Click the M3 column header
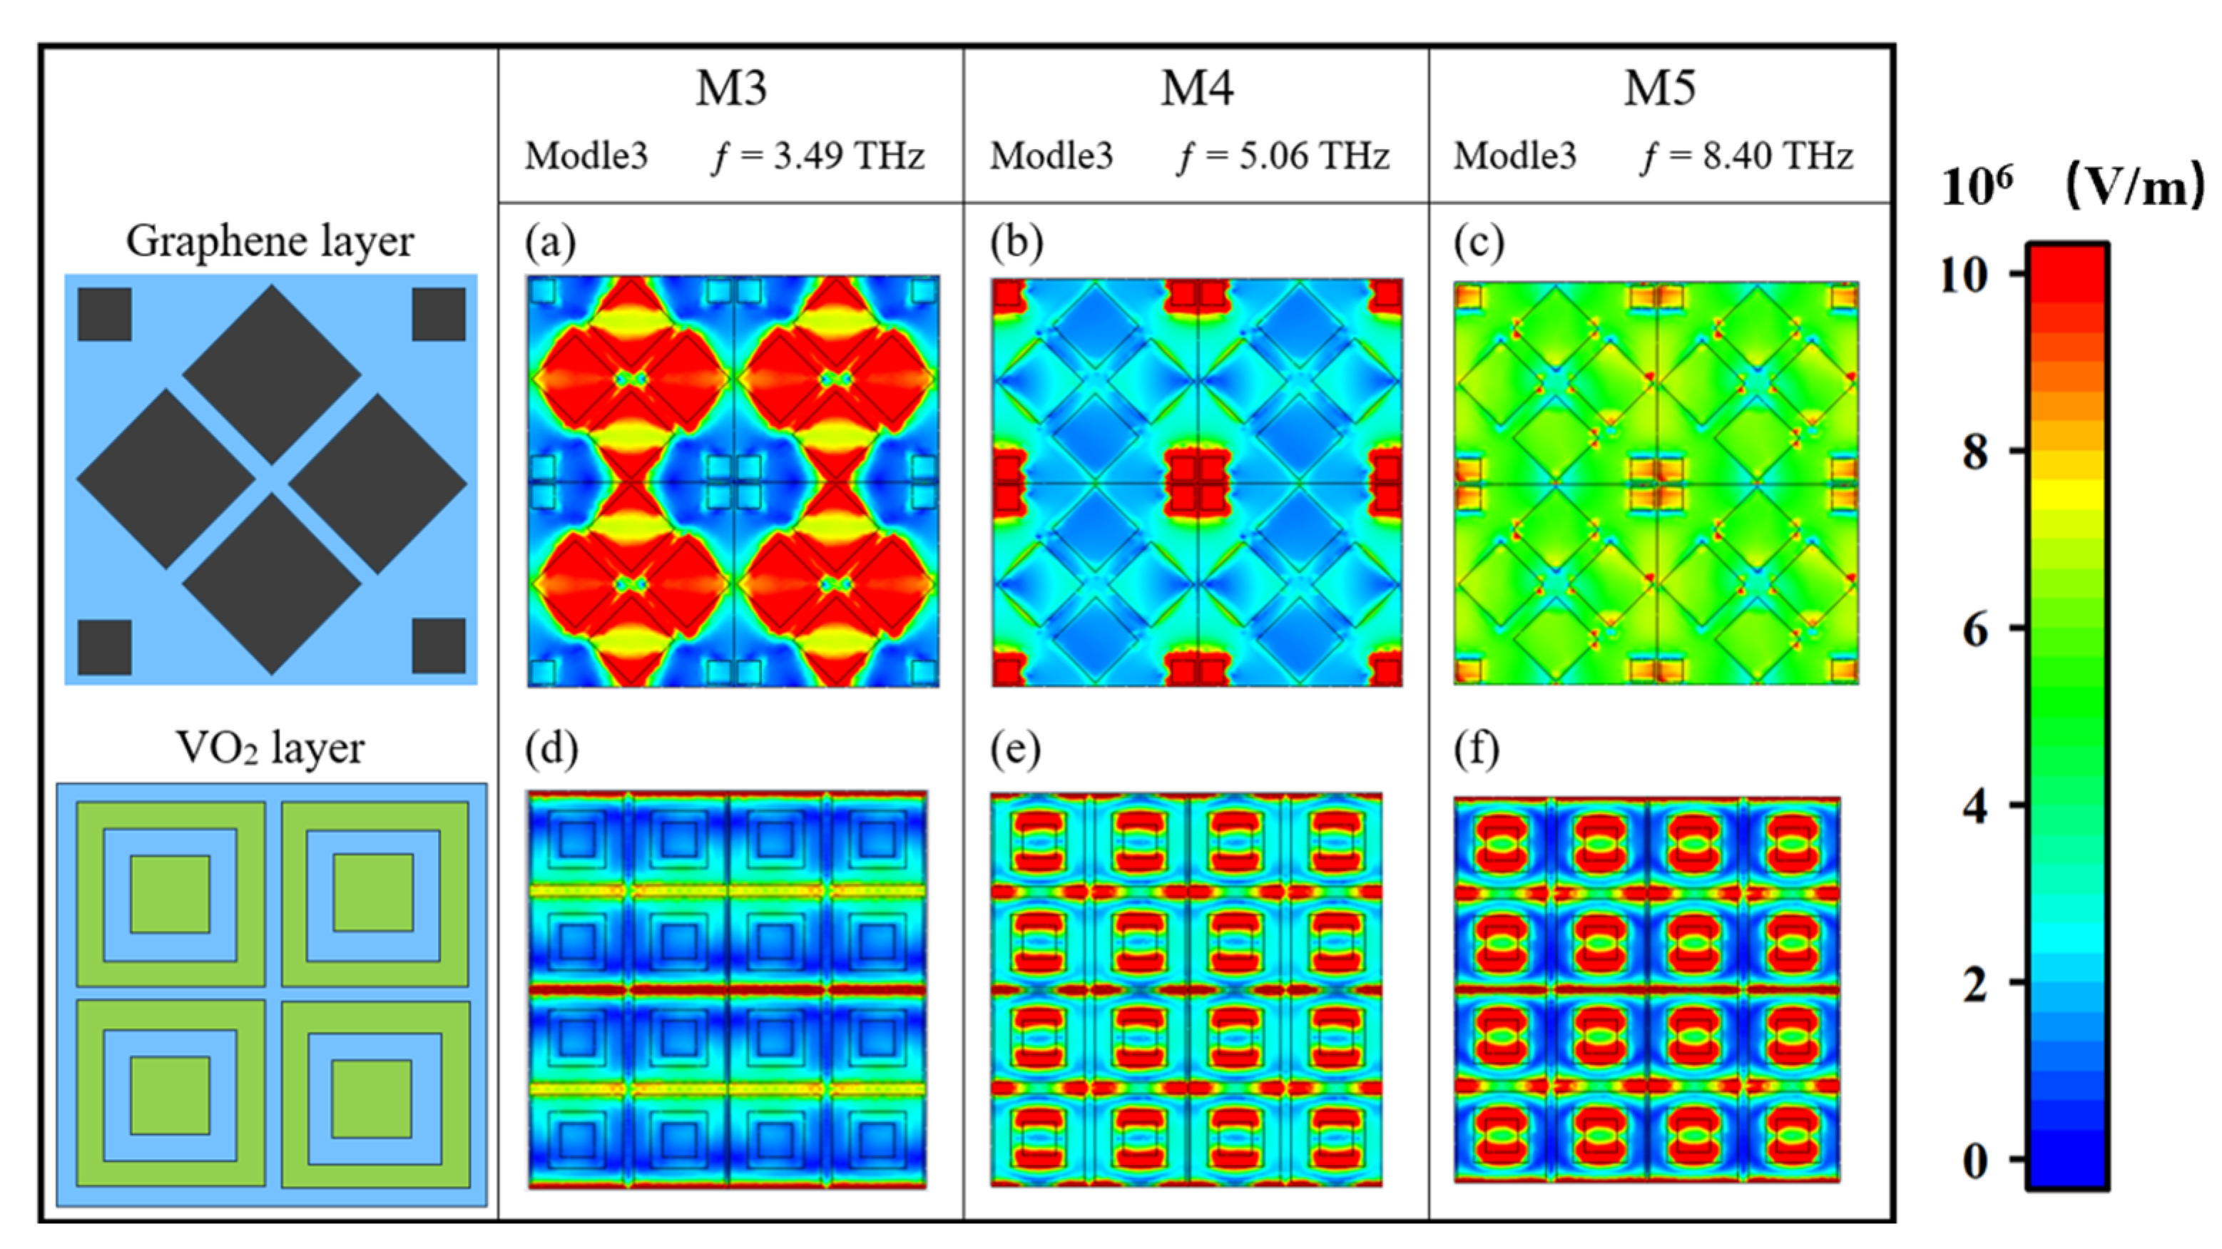tap(730, 88)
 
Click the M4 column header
tap(1196, 88)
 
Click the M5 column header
tap(1660, 88)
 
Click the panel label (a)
tap(550, 243)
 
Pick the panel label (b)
tap(1015, 243)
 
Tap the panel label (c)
tap(1479, 243)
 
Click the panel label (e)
tap(1015, 749)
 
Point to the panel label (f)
tap(1476, 749)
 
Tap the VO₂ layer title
tap(270, 747)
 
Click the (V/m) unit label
tap(2136, 185)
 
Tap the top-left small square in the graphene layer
tap(104, 314)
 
